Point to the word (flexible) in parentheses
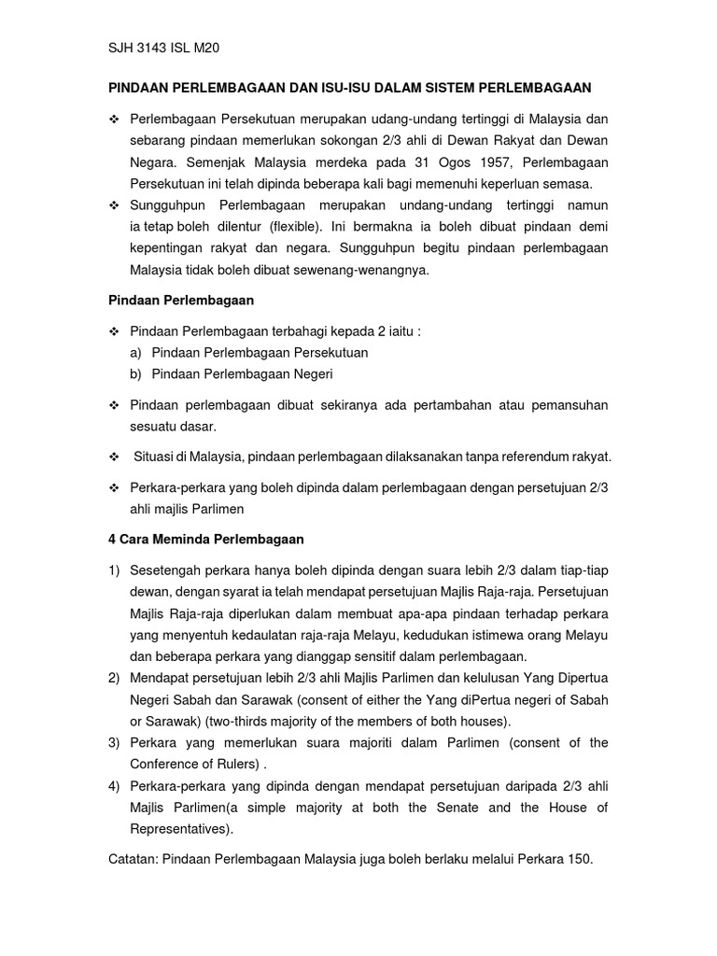tap(297, 226)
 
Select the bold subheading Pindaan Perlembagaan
tap(181, 301)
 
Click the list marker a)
tap(136, 353)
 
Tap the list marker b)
tap(136, 373)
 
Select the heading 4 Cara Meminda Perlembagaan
tap(206, 540)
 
